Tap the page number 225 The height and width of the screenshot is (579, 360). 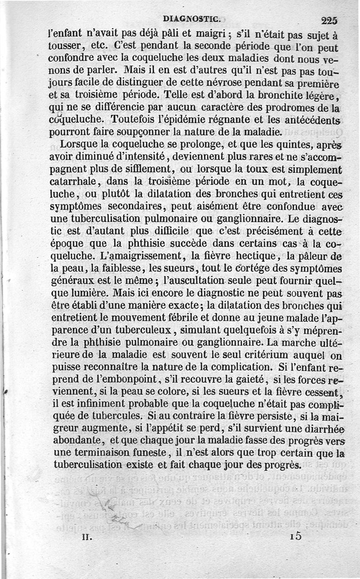[x=330, y=20]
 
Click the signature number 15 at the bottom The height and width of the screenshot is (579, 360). [x=295, y=536]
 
